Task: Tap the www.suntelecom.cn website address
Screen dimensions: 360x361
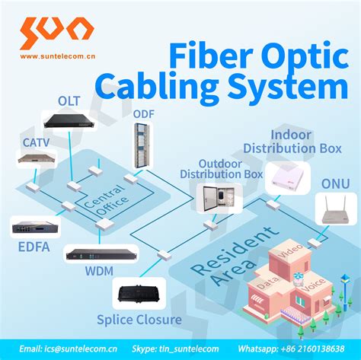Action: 56,55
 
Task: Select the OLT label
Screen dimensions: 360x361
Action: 68,100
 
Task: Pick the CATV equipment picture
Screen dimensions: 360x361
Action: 36,158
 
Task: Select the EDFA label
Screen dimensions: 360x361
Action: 31,246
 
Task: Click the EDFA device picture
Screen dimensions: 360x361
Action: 32,227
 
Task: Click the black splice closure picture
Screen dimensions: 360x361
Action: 139,293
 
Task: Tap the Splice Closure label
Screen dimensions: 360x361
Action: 139,320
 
